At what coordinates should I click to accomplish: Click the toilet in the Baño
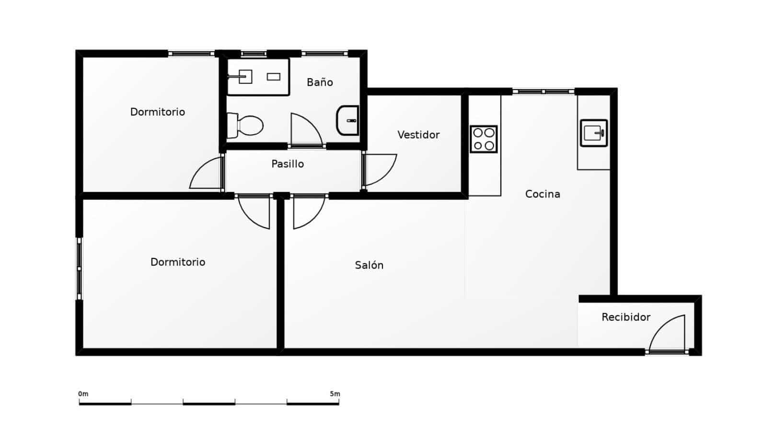tap(247, 125)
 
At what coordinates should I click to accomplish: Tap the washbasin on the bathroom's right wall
tap(348, 120)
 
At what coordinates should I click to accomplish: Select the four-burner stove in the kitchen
tap(484, 139)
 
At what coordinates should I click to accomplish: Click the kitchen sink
tap(594, 133)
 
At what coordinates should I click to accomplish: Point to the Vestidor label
tap(418, 135)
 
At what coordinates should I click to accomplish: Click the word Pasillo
tap(288, 164)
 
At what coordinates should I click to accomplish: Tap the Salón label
tap(369, 265)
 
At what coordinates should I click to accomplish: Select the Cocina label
tap(543, 194)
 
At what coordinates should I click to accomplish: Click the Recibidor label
tap(626, 317)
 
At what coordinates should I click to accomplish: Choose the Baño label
tap(320, 82)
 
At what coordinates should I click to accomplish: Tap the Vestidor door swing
tap(380, 168)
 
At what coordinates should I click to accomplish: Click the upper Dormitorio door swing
tap(207, 174)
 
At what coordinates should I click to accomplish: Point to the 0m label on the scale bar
tap(83, 394)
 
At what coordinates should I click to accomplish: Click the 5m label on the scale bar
tap(335, 394)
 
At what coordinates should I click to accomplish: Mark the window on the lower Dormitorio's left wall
tap(80, 269)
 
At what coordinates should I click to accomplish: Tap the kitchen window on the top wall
tap(543, 91)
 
